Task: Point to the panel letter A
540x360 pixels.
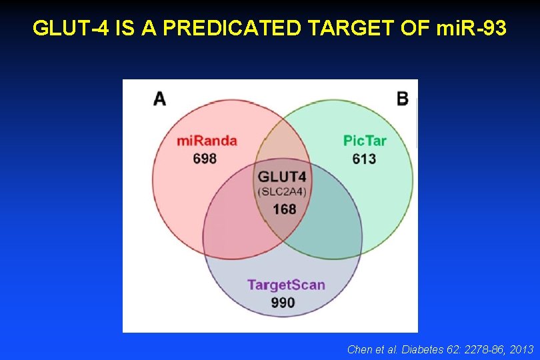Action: point(160,99)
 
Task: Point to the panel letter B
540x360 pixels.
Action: point(402,99)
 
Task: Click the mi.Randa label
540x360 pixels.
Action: point(207,141)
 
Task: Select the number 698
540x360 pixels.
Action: point(205,159)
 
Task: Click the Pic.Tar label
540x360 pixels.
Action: point(365,141)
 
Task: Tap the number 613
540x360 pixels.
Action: point(365,159)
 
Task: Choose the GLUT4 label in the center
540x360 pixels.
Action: point(282,177)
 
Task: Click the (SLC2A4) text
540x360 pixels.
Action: point(282,192)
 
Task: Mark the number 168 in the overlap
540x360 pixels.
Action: point(284,209)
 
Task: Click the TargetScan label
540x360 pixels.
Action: point(286,285)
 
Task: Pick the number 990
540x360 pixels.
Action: point(283,303)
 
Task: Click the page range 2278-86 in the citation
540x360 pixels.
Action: point(478,349)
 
